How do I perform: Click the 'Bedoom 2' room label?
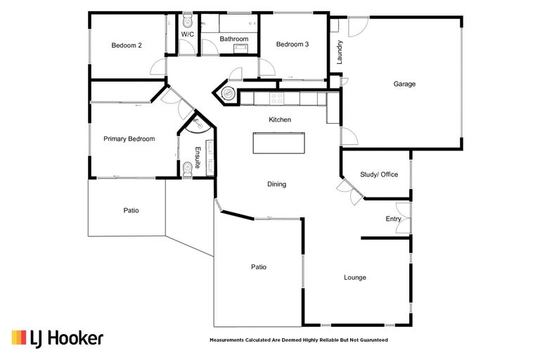127,46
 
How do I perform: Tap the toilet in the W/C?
187,22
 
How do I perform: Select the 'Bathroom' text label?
233,39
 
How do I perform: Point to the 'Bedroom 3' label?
292,44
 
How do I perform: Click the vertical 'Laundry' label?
340,52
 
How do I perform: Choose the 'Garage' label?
404,84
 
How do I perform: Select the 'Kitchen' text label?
279,120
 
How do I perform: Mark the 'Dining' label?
276,184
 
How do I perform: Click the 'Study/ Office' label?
379,174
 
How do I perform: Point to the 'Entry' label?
393,219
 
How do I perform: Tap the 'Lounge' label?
355,278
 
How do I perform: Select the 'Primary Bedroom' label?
129,139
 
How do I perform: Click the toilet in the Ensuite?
188,169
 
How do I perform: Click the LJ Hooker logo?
57,338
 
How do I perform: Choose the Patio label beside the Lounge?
259,267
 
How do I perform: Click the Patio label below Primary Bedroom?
131,210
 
